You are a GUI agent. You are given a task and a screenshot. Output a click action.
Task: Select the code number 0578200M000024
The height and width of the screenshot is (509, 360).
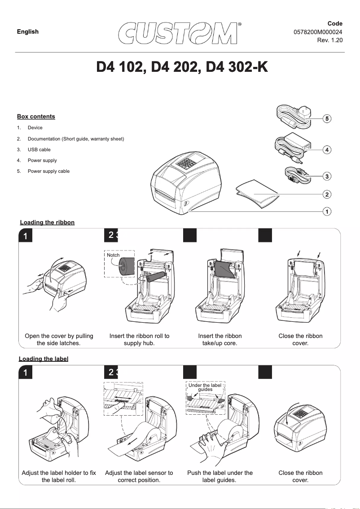[x=318, y=32]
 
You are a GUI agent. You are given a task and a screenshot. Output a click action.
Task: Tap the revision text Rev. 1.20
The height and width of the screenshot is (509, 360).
[x=329, y=40]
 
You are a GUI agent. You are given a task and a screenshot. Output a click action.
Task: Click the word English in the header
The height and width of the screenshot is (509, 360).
[x=28, y=31]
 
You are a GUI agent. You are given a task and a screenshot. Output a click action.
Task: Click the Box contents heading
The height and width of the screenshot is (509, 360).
[x=36, y=117]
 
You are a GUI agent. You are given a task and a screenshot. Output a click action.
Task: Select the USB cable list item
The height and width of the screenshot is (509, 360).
[x=39, y=149]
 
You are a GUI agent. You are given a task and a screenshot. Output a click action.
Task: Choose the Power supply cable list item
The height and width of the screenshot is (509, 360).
[x=48, y=171]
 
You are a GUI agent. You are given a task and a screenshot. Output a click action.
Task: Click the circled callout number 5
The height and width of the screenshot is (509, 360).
[x=328, y=119]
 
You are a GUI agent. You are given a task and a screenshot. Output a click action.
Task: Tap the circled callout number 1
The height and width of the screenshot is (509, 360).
[x=328, y=211]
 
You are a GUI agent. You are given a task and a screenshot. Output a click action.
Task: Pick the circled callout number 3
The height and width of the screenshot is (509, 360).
[x=328, y=176]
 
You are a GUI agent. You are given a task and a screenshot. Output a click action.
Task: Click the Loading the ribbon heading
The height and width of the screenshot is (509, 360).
[x=47, y=223]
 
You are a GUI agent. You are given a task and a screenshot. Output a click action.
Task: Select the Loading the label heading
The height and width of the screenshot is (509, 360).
[x=44, y=359]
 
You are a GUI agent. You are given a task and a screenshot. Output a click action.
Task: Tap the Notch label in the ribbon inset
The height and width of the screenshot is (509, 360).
[x=113, y=255]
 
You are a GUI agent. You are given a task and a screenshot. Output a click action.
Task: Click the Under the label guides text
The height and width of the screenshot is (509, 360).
[x=205, y=387]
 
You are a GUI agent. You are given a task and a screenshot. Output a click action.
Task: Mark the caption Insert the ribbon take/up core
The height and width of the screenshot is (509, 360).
[x=220, y=339]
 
